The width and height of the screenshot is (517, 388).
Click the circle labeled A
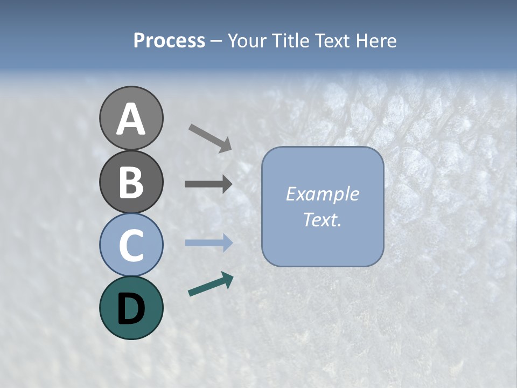[x=131, y=118]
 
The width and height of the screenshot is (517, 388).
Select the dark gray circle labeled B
[x=131, y=182]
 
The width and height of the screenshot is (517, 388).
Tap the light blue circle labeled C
[x=131, y=245]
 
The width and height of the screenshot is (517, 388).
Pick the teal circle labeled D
[x=131, y=308]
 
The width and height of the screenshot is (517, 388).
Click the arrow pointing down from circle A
[x=210, y=138]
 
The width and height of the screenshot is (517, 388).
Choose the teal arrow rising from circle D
[x=211, y=285]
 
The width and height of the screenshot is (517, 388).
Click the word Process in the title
[x=169, y=40]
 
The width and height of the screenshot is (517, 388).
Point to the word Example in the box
[x=322, y=194]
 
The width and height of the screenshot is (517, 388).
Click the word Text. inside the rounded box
[x=322, y=220]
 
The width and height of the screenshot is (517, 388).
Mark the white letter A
[x=131, y=119]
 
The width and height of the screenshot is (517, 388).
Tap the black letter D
[x=131, y=309]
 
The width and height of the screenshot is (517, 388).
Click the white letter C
[x=131, y=246]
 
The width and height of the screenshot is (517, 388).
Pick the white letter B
[x=131, y=182]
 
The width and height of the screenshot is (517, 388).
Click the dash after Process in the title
[x=216, y=41]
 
